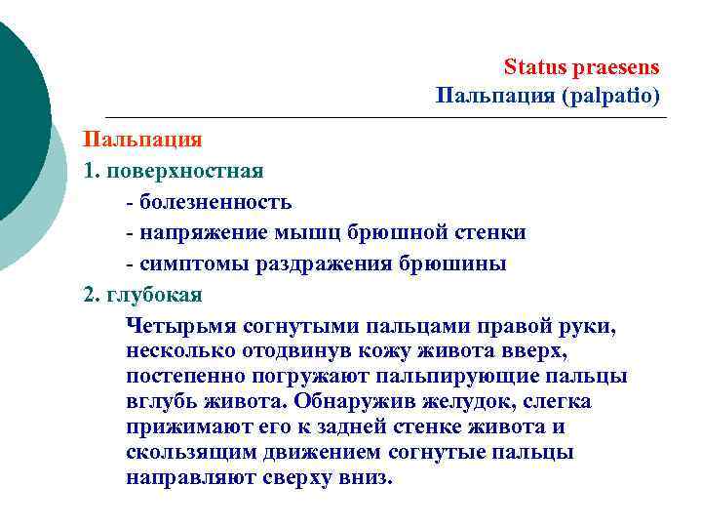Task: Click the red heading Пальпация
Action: point(142,140)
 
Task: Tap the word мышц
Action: point(291,233)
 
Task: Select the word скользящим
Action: point(187,453)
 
